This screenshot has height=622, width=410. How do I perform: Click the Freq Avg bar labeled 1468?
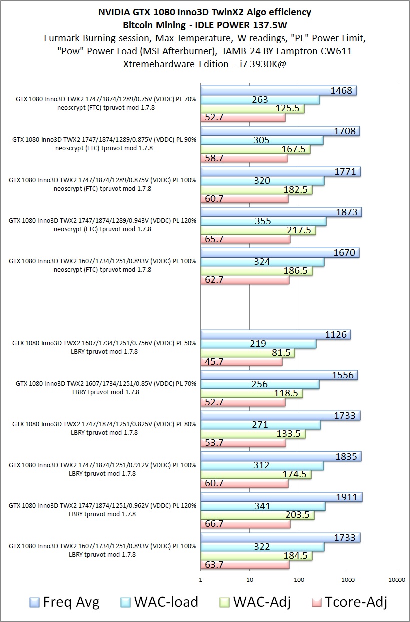click(278, 91)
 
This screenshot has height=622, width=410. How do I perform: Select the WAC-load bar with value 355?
click(263, 221)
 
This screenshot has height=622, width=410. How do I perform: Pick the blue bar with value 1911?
click(281, 497)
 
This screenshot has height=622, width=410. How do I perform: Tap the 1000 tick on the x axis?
click(348, 580)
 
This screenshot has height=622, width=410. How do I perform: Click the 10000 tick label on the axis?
click(397, 580)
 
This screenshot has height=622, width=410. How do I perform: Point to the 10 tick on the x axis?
click(250, 580)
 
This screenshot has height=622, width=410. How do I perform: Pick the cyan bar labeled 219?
click(258, 344)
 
